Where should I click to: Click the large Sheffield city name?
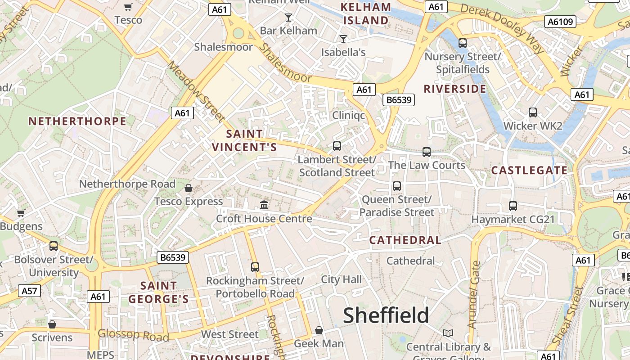(386, 315)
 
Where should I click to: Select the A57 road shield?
(30, 291)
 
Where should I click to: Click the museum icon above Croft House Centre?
(264, 205)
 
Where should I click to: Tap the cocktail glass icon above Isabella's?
(343, 39)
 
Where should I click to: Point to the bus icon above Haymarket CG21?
(513, 206)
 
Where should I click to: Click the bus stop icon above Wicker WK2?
(533, 112)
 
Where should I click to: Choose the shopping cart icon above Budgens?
(21, 213)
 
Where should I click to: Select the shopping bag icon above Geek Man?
(319, 331)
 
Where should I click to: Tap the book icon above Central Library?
(448, 333)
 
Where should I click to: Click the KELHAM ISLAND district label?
(366, 14)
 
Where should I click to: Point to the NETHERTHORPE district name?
(77, 121)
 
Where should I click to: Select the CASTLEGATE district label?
(529, 170)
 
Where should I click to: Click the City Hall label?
(341, 279)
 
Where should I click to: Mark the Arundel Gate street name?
(474, 295)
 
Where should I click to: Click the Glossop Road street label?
(133, 335)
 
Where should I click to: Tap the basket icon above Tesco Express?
(189, 188)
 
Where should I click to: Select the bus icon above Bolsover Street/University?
(54, 246)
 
